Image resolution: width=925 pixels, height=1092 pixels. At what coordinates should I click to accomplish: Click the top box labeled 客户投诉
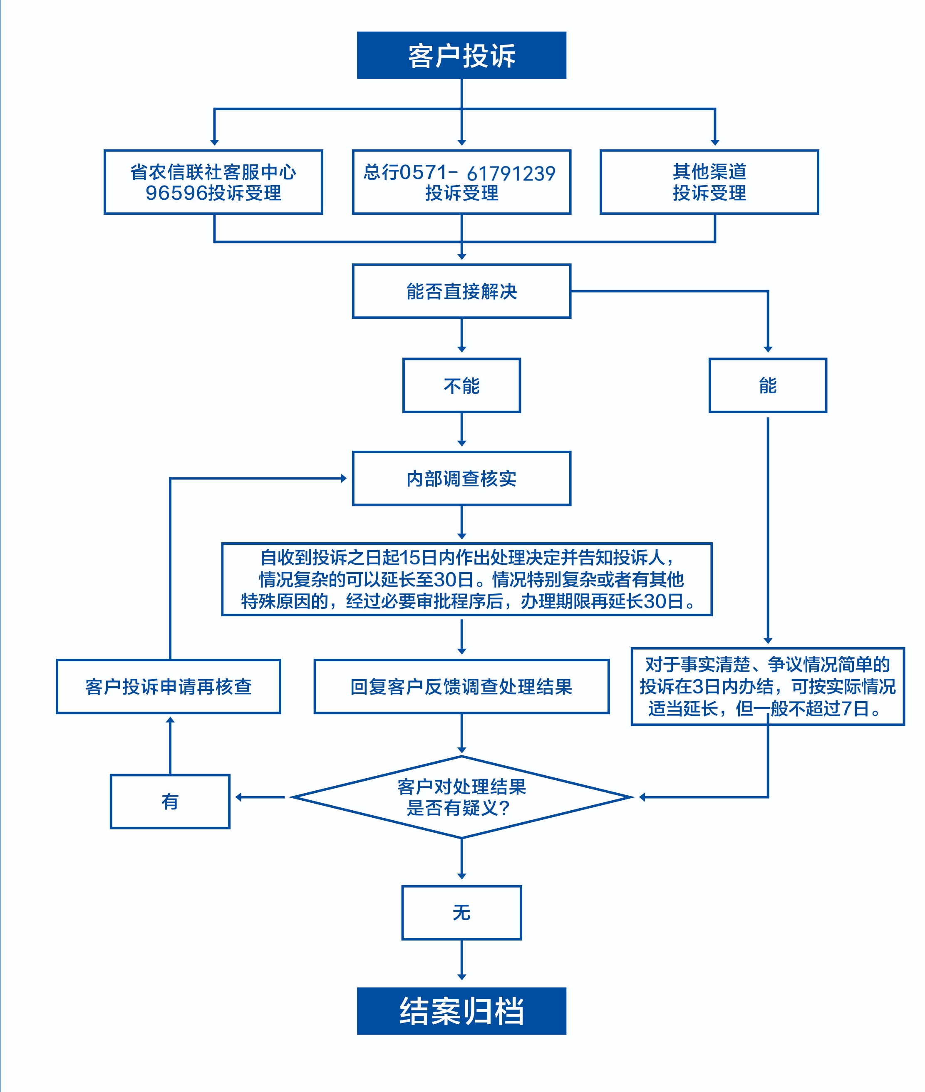coord(461,55)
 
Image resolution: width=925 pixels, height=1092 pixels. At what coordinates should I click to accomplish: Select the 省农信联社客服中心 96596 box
coord(213,182)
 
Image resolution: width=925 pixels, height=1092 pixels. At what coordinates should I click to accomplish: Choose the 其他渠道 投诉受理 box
coord(709,182)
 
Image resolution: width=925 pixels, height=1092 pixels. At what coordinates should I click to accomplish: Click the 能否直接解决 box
coord(461,291)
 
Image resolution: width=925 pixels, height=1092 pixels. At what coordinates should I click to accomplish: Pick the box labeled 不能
coord(461,385)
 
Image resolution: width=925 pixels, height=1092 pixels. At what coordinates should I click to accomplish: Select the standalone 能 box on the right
coord(768,385)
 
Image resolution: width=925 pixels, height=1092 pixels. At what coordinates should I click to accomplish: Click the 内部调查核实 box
coord(461,478)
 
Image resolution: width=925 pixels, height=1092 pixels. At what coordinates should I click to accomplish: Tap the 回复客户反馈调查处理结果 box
coord(461,687)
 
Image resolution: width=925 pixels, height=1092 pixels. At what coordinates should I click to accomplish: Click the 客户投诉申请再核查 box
coord(169,687)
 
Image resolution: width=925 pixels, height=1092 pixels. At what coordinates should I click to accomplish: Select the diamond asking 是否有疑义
coord(461,797)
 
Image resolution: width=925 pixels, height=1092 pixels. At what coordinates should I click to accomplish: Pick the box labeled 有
coord(170,802)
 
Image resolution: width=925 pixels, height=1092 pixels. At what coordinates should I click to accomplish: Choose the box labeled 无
coord(461,913)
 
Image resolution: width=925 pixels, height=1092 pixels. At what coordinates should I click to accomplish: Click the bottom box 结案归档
coord(461,1011)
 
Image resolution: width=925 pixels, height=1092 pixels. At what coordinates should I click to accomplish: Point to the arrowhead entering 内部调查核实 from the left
coord(343,478)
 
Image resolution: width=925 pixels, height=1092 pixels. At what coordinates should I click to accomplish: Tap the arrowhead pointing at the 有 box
coord(238,797)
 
